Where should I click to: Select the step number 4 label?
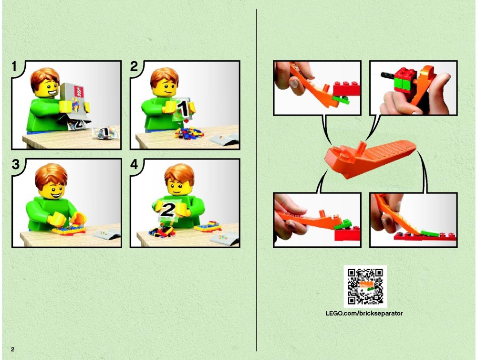(x=134, y=165)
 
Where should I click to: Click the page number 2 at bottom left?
(x=12, y=349)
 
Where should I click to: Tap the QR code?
(x=365, y=286)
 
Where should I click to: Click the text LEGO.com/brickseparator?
(x=364, y=314)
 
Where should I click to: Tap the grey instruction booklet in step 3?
(x=107, y=233)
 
